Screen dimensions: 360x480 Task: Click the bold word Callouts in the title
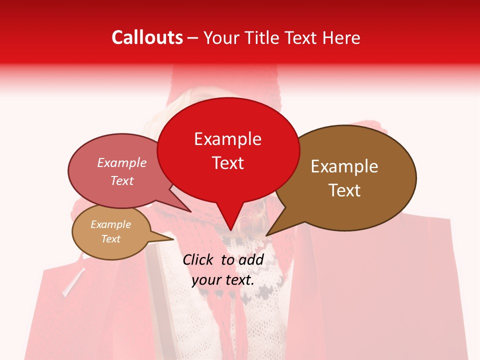[147, 37]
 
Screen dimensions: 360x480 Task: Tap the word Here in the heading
[341, 37]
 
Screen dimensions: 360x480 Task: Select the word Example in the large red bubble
[227, 139]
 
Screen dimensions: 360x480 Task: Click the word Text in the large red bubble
[227, 163]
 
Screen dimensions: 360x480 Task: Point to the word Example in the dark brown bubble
[344, 166]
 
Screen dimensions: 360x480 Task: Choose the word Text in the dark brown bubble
[344, 190]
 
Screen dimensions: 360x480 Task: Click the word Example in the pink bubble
[121, 163]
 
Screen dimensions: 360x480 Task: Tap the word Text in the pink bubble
[121, 180]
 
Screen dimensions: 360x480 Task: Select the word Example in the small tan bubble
[110, 224]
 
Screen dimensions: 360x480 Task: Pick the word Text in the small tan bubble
[110, 239]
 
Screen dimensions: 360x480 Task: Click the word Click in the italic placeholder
[199, 259]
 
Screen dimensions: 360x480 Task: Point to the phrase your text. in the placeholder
[223, 280]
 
